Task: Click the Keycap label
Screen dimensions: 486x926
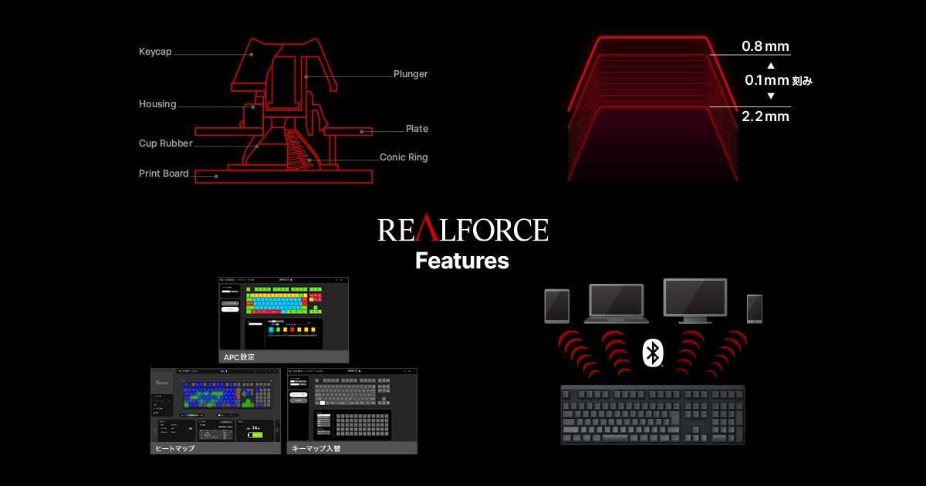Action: coord(155,52)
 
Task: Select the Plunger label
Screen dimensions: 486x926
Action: coord(411,74)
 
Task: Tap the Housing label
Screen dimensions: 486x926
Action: coord(157,104)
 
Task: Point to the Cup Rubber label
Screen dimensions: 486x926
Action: coord(166,143)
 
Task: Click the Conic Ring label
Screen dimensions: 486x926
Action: coord(404,157)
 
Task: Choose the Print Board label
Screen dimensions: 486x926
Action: coord(164,174)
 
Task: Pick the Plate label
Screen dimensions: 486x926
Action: coord(417,129)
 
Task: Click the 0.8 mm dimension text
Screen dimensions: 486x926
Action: coord(765,46)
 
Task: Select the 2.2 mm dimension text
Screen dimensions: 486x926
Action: coord(765,116)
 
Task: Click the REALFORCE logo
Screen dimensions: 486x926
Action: coord(463,230)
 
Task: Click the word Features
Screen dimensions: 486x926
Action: coord(462,261)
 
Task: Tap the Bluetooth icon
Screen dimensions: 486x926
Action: coord(653,353)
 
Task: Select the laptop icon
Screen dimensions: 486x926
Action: coord(616,303)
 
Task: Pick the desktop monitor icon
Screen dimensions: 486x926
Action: coord(695,300)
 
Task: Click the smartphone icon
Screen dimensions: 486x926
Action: coord(754,308)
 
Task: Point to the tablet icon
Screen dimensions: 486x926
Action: coord(557,305)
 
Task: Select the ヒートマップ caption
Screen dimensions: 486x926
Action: coord(174,448)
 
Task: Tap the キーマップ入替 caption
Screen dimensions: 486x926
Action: coord(316,448)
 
